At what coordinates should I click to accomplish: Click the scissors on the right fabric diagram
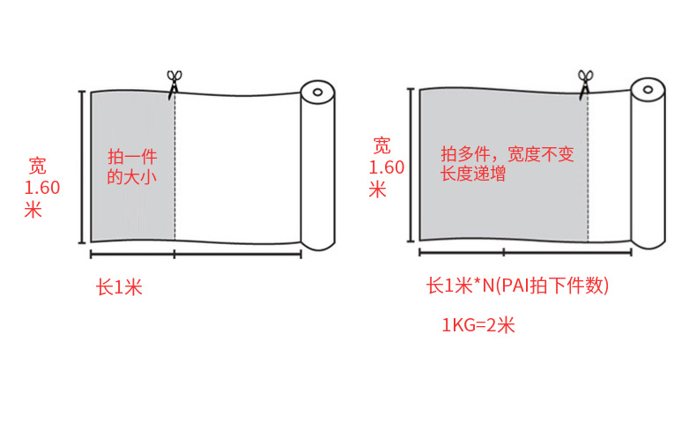tap(585, 80)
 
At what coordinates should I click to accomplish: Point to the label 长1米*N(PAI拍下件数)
tap(518, 286)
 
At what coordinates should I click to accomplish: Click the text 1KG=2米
tap(478, 325)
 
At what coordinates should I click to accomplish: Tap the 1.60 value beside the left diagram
tap(42, 188)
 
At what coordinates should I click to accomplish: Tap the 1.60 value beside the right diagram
tap(386, 167)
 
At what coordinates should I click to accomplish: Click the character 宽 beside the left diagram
tap(38, 166)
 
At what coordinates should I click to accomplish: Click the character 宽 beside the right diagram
tap(381, 145)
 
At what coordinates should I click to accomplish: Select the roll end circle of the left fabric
tap(317, 91)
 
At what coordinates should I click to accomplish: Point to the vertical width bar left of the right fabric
tap(411, 165)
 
